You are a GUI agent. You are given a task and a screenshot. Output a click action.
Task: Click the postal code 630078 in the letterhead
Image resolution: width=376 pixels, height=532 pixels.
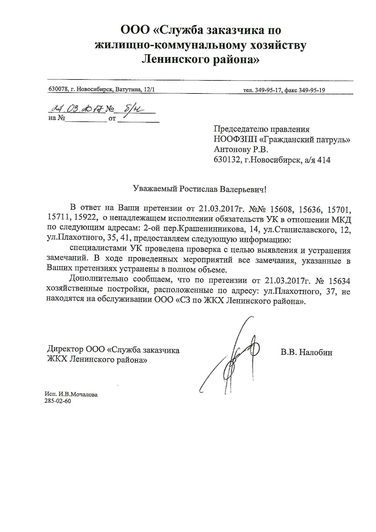click(x=57, y=90)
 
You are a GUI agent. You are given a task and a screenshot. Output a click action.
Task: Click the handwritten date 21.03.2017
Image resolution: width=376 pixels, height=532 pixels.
click(x=77, y=109)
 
